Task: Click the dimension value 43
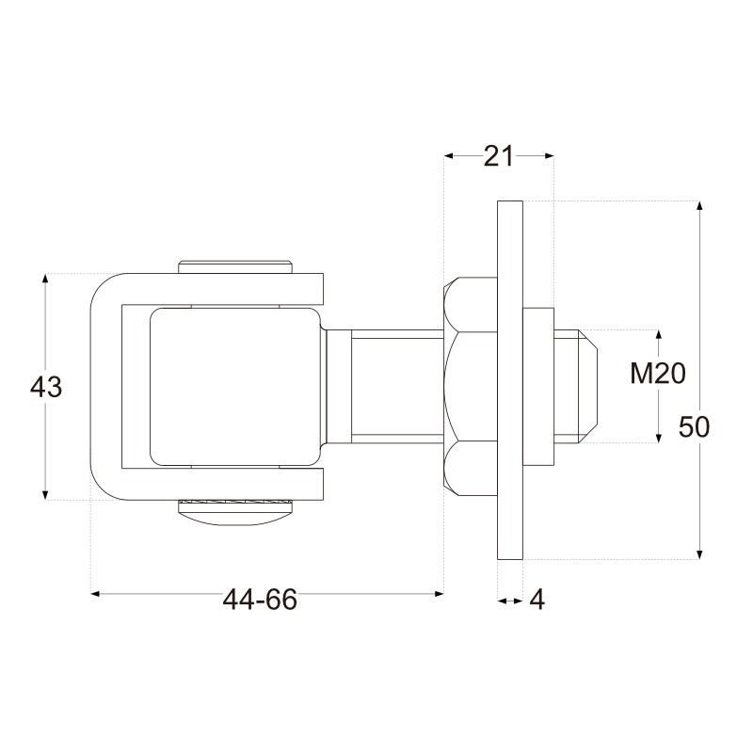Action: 46,387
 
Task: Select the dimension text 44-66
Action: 260,600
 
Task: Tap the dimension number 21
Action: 499,156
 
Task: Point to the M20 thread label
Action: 658,374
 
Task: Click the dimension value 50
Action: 694,427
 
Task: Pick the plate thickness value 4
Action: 537,600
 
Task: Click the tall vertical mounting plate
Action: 510,380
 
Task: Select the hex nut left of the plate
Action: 471,386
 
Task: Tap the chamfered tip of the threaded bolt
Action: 587,386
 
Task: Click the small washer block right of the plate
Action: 538,387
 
